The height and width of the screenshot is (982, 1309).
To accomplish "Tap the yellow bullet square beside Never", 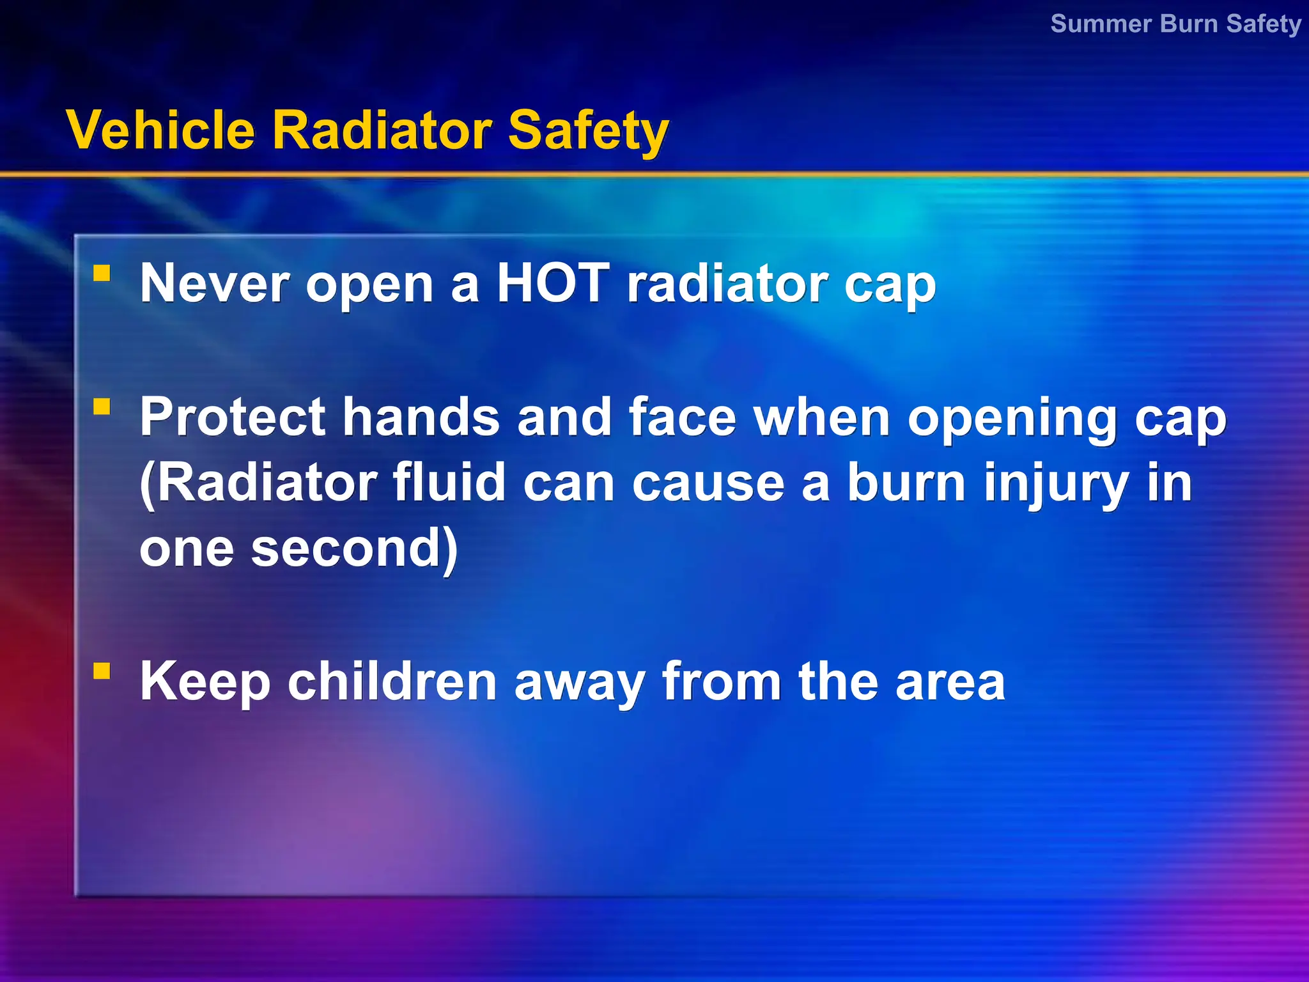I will click(x=102, y=274).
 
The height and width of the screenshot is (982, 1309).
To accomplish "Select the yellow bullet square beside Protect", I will click(x=102, y=407).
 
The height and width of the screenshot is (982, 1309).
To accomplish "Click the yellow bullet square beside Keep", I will click(x=102, y=671).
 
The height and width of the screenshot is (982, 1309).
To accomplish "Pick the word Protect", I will click(x=233, y=417).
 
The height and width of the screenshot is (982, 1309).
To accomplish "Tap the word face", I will click(x=683, y=417).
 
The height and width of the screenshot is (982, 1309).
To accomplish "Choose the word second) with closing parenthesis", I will click(x=354, y=549).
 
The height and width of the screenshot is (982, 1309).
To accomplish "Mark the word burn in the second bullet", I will click(x=906, y=483).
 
